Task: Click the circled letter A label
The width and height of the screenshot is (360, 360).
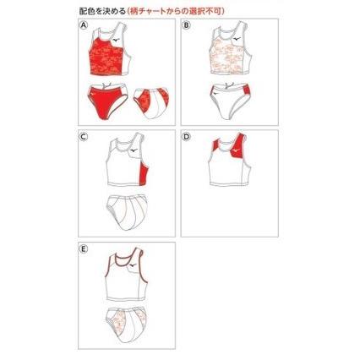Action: pyautogui.click(x=85, y=26)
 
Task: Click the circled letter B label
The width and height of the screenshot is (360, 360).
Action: pyautogui.click(x=187, y=26)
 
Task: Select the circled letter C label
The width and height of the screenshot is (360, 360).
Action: pyautogui.click(x=85, y=137)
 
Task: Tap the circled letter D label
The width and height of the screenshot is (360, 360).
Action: pyautogui.click(x=187, y=137)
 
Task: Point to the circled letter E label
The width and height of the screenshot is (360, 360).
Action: pyautogui.click(x=85, y=249)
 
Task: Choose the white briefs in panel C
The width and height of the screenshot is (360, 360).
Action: pyautogui.click(x=128, y=210)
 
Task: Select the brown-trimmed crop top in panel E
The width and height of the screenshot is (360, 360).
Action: pyautogui.click(x=127, y=279)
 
